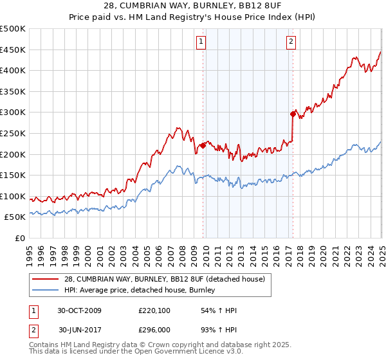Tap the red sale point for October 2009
pos(203,145)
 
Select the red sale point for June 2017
pos(293,114)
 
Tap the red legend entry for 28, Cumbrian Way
pos(160,279)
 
